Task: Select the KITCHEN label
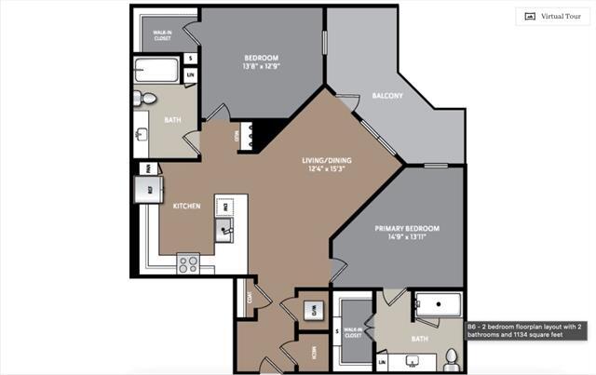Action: [x=187, y=207]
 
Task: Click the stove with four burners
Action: [x=188, y=263]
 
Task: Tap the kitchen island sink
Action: [x=225, y=228]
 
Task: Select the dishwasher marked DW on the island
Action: [x=223, y=205]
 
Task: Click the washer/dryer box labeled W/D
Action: [x=314, y=310]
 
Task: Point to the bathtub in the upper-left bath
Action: [x=156, y=70]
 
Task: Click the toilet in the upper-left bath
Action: [x=147, y=98]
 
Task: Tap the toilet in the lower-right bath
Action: [x=451, y=358]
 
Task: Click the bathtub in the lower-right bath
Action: [x=438, y=305]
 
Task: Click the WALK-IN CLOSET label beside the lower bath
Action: [x=352, y=333]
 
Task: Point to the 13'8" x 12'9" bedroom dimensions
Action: [x=261, y=66]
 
